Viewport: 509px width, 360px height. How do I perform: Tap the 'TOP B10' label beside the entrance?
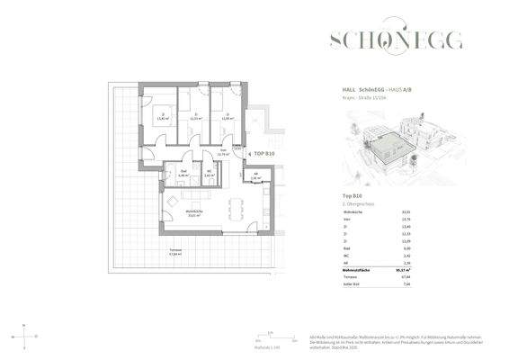pos(264,155)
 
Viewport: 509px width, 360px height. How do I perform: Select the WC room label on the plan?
pos(209,175)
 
